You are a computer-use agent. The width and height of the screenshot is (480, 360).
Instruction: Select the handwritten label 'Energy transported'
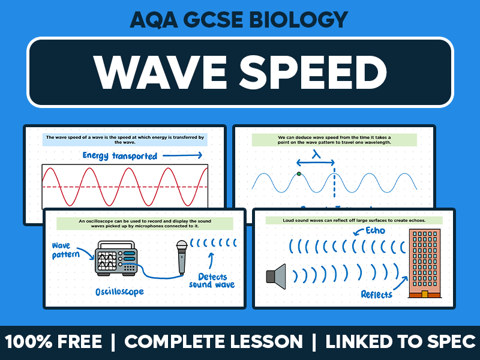click(x=119, y=156)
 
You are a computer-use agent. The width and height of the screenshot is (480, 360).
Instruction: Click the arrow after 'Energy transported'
click(x=182, y=155)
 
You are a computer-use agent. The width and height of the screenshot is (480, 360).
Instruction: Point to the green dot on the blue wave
click(x=299, y=175)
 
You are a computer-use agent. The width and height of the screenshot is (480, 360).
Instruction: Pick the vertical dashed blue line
click(x=334, y=180)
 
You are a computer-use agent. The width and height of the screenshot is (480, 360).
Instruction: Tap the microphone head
click(x=181, y=247)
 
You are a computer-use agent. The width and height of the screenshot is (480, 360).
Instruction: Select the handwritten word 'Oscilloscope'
click(x=120, y=292)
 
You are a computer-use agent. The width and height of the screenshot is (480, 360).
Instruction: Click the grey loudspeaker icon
click(x=276, y=275)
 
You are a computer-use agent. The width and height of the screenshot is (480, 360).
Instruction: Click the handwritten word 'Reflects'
click(x=376, y=293)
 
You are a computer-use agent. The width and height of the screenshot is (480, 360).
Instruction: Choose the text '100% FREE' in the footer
click(x=54, y=342)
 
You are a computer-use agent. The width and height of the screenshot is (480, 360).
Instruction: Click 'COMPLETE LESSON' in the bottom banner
click(x=214, y=342)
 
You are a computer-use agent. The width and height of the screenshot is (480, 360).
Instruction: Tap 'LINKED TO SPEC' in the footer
click(x=400, y=342)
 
